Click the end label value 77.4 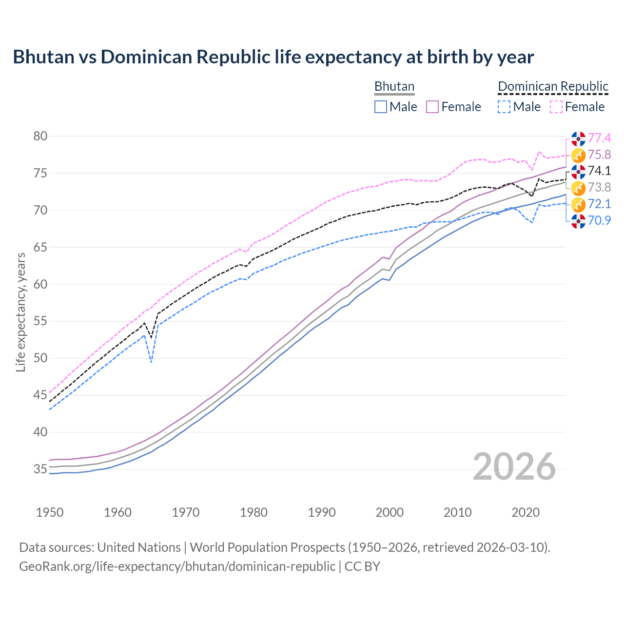pyautogui.click(x=599, y=138)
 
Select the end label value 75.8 pyautogui.click(x=599, y=155)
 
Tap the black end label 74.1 pyautogui.click(x=599, y=171)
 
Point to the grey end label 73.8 pyautogui.click(x=599, y=187)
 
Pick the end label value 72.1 pyautogui.click(x=599, y=204)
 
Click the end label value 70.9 pyautogui.click(x=599, y=220)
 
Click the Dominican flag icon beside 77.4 pyautogui.click(x=578, y=139)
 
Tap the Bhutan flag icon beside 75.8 pyautogui.click(x=578, y=156)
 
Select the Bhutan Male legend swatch pyautogui.click(x=381, y=107)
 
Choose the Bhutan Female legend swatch pyautogui.click(x=433, y=107)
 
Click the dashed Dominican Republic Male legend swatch pyautogui.click(x=504, y=107)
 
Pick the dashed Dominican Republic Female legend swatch pyautogui.click(x=556, y=107)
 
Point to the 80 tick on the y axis pyautogui.click(x=40, y=136)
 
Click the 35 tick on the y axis pyautogui.click(x=40, y=469)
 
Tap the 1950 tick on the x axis pyautogui.click(x=50, y=512)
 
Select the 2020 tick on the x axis pyautogui.click(x=526, y=512)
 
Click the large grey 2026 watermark pyautogui.click(x=514, y=467)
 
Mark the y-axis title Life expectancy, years pyautogui.click(x=20, y=312)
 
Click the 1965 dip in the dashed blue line pyautogui.click(x=151, y=361)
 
